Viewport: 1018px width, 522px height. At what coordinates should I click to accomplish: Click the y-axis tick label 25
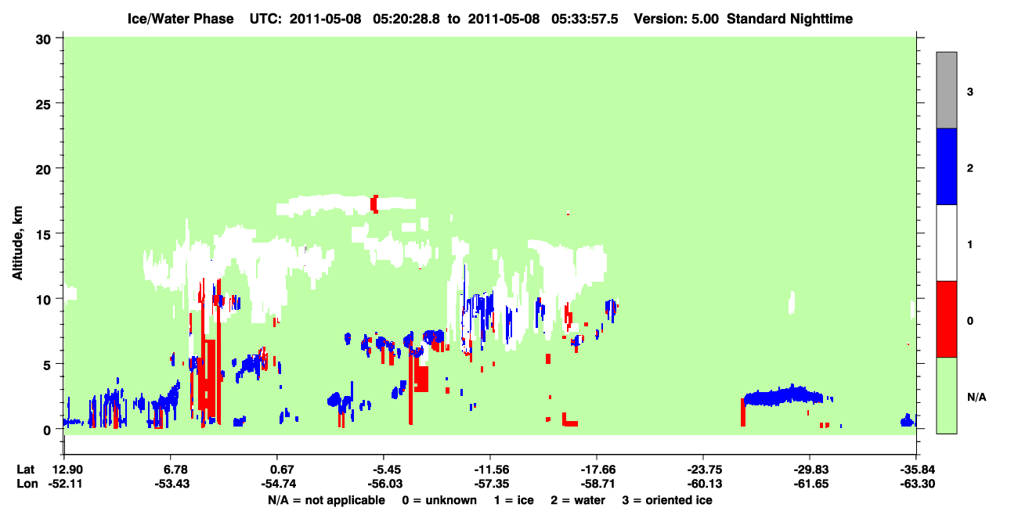click(x=43, y=105)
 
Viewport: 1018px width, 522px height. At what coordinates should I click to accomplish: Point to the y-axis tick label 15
click(x=43, y=235)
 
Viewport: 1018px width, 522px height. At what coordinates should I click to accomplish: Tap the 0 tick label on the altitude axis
click(x=47, y=430)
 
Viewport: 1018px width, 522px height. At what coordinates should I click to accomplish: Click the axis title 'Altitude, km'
click(x=17, y=243)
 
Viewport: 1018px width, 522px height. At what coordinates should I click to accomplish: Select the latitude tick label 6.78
click(x=171, y=470)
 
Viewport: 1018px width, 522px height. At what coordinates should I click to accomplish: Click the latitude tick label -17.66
click(x=597, y=470)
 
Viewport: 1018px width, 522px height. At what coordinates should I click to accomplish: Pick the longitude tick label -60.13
click(x=704, y=484)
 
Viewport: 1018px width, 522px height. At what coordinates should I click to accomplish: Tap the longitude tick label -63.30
click(x=917, y=484)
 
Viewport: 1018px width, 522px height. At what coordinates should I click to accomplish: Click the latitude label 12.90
click(x=67, y=470)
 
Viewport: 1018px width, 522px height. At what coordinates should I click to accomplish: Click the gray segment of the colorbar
click(x=946, y=90)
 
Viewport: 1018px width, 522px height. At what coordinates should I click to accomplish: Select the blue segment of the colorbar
click(x=946, y=166)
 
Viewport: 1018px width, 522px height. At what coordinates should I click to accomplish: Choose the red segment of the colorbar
click(x=946, y=319)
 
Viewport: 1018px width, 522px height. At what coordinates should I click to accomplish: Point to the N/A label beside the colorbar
click(x=976, y=398)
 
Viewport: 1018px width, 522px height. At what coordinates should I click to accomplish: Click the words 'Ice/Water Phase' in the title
click(x=180, y=19)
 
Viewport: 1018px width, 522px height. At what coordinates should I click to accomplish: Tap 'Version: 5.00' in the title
click(x=677, y=19)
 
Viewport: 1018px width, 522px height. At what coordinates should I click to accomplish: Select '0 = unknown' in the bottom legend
click(x=439, y=500)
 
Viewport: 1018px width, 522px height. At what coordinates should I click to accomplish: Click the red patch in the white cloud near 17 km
click(x=374, y=204)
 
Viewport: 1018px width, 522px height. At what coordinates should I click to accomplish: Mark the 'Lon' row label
click(x=27, y=484)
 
